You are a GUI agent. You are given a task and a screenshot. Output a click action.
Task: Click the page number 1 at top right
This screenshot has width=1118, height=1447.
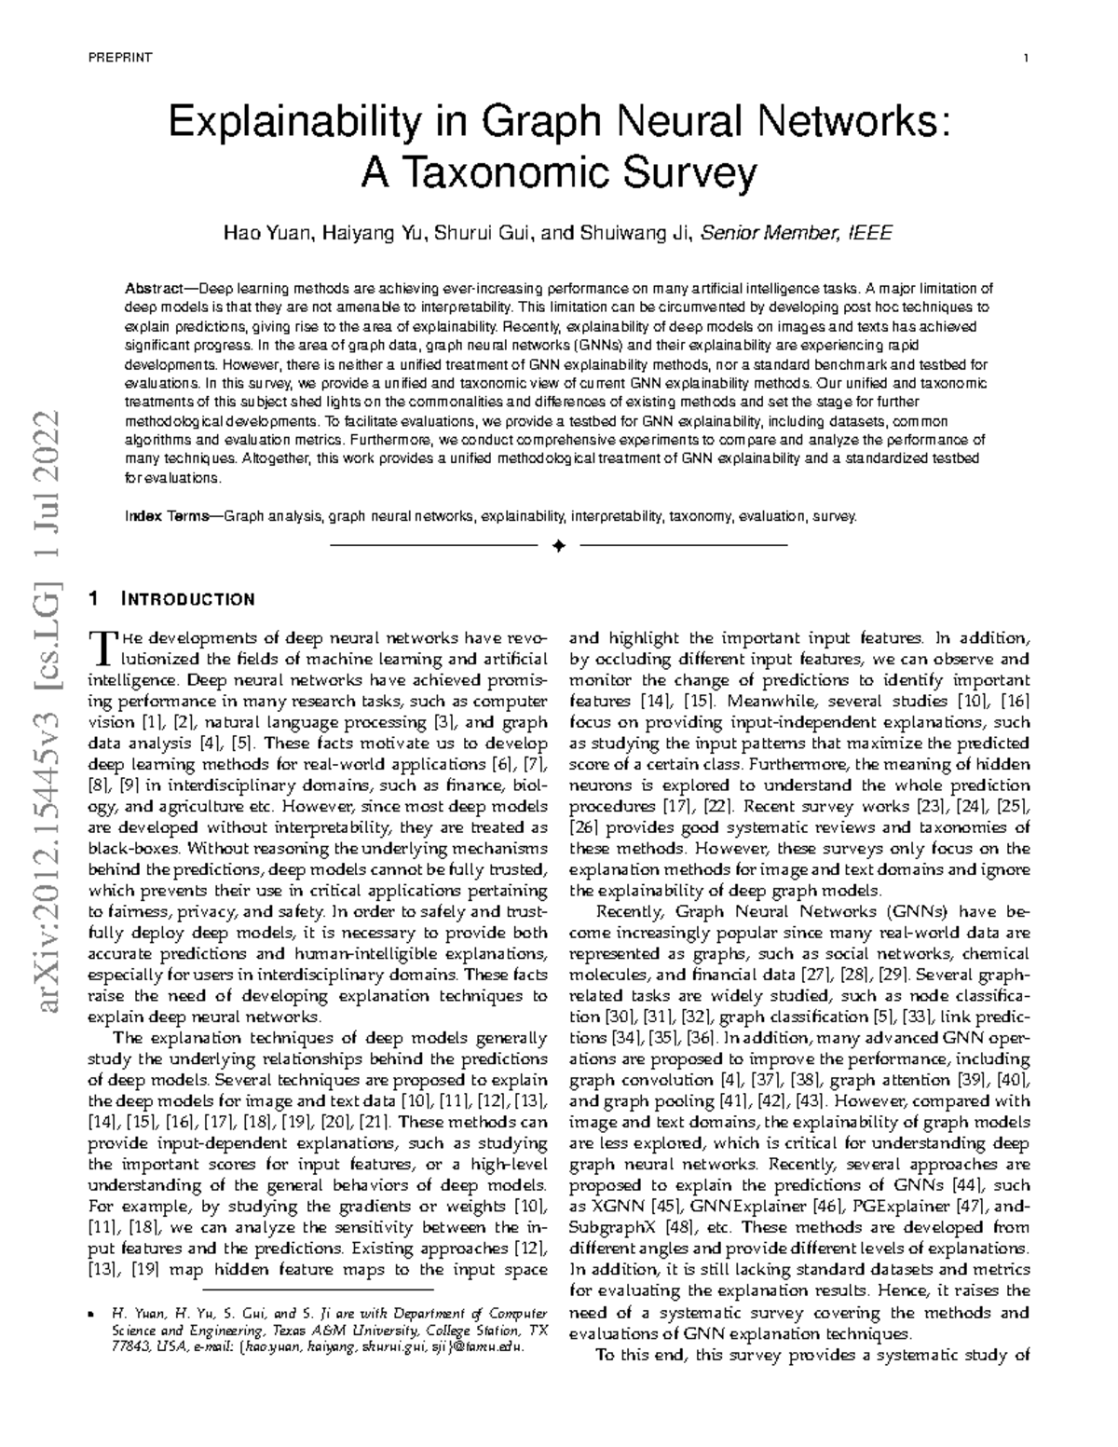pyautogui.click(x=1026, y=59)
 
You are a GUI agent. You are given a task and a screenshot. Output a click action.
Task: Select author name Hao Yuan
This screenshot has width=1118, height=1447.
pyautogui.click(x=266, y=233)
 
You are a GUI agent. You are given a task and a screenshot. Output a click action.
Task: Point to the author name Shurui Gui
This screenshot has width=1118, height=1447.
pyautogui.click(x=484, y=233)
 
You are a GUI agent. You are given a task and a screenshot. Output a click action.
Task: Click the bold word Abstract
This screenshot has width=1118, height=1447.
pyautogui.click(x=153, y=289)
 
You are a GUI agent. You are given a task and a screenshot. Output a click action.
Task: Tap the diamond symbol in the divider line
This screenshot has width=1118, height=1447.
pyautogui.click(x=558, y=545)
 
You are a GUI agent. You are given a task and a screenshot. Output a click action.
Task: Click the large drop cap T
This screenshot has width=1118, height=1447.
pyautogui.click(x=98, y=646)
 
